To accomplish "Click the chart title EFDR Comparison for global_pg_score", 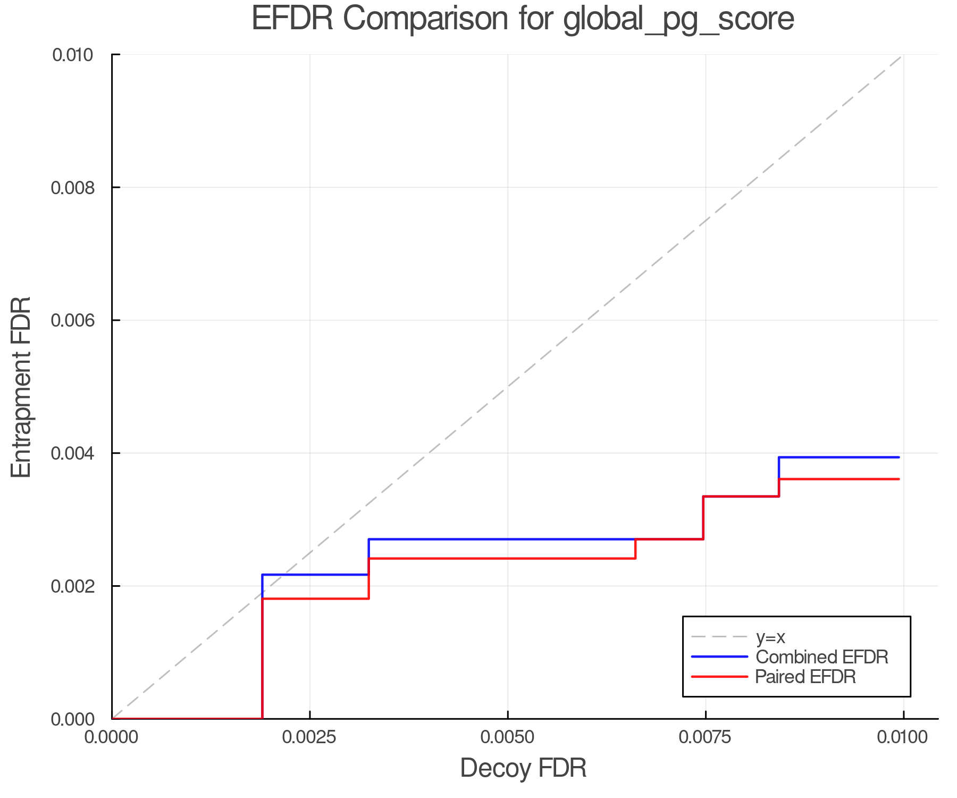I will coord(523,19).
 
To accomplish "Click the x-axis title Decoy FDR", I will coord(523,768).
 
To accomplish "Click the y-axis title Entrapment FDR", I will coord(21,387).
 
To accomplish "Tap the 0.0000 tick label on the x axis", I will coord(112,737).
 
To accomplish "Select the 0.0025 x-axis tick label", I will coord(310,737).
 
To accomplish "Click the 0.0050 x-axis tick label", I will coord(508,737).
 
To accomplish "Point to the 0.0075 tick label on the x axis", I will coord(706,737).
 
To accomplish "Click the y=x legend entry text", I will coord(770,637).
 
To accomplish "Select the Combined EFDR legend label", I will coord(822,657).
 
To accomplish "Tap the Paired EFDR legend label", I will coord(805,677).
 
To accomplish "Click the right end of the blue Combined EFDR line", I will coord(899,458).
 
